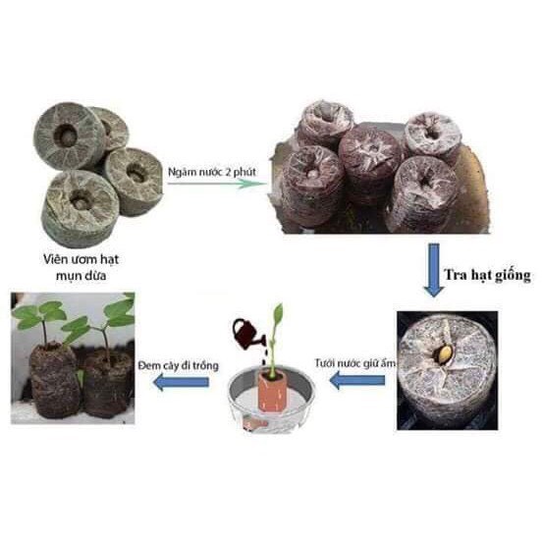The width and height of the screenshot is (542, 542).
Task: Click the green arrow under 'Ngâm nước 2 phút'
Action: point(217,184)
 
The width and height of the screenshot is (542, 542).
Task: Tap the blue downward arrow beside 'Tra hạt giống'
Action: point(434,270)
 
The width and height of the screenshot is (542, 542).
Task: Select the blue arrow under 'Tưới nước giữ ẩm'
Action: point(357,381)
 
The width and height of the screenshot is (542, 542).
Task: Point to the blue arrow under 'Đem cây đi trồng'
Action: point(181,382)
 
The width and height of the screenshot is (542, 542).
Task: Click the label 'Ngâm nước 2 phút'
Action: point(212,172)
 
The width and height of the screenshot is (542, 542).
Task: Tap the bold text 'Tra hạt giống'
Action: point(487,275)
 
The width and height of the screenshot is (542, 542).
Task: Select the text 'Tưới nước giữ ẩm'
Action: point(355,363)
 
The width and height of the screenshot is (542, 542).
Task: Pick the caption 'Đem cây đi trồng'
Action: point(178,365)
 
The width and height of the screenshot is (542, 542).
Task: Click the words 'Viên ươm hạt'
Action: point(81,259)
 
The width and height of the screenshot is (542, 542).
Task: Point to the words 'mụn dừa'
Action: point(81,276)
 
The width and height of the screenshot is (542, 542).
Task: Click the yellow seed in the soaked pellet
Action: point(443,354)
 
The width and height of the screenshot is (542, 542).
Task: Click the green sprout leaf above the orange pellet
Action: point(278,314)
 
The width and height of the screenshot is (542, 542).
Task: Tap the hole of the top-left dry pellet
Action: point(65,135)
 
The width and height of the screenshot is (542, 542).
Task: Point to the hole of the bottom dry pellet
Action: point(81,199)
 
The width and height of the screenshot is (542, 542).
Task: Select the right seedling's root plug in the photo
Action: point(107,384)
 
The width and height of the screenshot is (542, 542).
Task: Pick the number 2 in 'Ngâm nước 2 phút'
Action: point(228,172)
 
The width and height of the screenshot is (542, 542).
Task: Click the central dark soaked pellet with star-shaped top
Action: point(369,169)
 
